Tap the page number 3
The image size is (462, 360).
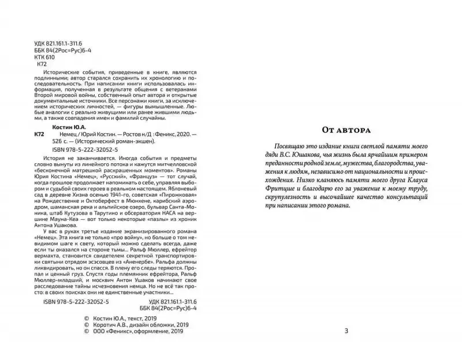click(346, 331)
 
